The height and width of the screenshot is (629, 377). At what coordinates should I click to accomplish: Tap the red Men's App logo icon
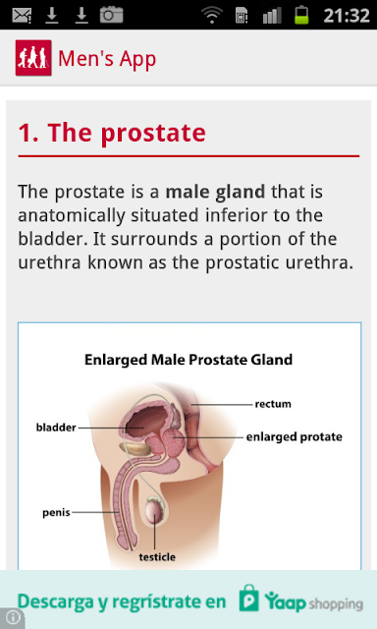coord(33,58)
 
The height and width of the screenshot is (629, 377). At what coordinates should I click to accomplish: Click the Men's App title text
coord(107,59)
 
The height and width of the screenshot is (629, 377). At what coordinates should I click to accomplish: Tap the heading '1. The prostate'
coord(112,133)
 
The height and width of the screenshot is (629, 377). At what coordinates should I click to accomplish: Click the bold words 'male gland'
coord(215,193)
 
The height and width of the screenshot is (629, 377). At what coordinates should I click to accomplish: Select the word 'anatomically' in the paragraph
coord(72,216)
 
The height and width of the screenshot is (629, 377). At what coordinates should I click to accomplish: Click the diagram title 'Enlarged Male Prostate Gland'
coord(188,360)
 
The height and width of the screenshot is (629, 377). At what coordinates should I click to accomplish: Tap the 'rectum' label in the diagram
coord(273,404)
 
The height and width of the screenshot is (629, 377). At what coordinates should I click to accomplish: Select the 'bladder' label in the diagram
coord(56,428)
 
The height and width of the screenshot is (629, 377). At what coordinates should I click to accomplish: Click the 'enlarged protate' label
coord(295,436)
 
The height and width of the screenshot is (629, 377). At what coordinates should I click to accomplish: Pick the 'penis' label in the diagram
coord(56,513)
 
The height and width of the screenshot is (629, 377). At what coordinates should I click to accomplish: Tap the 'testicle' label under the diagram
coord(157,557)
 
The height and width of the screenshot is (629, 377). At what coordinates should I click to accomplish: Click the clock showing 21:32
coord(347,16)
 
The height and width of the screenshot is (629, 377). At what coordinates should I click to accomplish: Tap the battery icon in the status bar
coord(301,15)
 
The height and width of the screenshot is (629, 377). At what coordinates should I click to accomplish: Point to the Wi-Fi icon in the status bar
coord(212,15)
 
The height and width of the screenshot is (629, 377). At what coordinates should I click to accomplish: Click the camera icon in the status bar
coord(111,15)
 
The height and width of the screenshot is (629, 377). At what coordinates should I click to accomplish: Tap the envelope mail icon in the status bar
coord(22,16)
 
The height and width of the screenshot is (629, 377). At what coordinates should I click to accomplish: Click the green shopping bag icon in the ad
coord(248,599)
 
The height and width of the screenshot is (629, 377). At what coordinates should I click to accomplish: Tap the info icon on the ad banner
coord(12,618)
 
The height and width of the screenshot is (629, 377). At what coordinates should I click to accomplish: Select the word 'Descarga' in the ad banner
coord(55,602)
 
